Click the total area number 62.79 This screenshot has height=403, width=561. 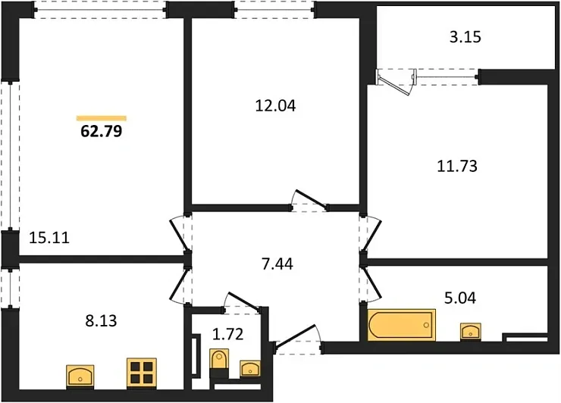pyautogui.click(x=102, y=131)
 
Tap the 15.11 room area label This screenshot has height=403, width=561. pyautogui.click(x=49, y=237)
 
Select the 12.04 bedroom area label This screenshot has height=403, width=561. pyautogui.click(x=275, y=106)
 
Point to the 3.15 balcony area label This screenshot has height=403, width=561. pyautogui.click(x=465, y=37)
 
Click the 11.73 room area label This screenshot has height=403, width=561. pyautogui.click(x=457, y=167)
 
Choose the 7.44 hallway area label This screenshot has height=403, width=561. pyautogui.click(x=277, y=264)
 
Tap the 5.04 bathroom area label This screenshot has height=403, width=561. pyautogui.click(x=460, y=298)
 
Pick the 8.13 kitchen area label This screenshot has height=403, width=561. pyautogui.click(x=101, y=320)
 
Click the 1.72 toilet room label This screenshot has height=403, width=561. pyautogui.click(x=228, y=334)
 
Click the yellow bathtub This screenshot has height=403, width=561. pyautogui.click(x=402, y=325)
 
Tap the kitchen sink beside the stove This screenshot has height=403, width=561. pyautogui.click(x=80, y=376)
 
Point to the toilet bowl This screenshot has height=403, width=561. pyautogui.click(x=218, y=362)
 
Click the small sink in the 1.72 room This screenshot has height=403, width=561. pyautogui.click(x=250, y=369)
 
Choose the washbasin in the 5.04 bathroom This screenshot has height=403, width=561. pyautogui.click(x=470, y=332)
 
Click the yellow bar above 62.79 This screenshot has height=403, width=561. pyautogui.click(x=102, y=118)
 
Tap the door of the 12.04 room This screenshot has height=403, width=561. pyautogui.click(x=309, y=200)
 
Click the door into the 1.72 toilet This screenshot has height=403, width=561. pyautogui.click(x=243, y=302)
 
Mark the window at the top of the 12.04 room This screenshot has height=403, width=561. pyautogui.click(x=274, y=11)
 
